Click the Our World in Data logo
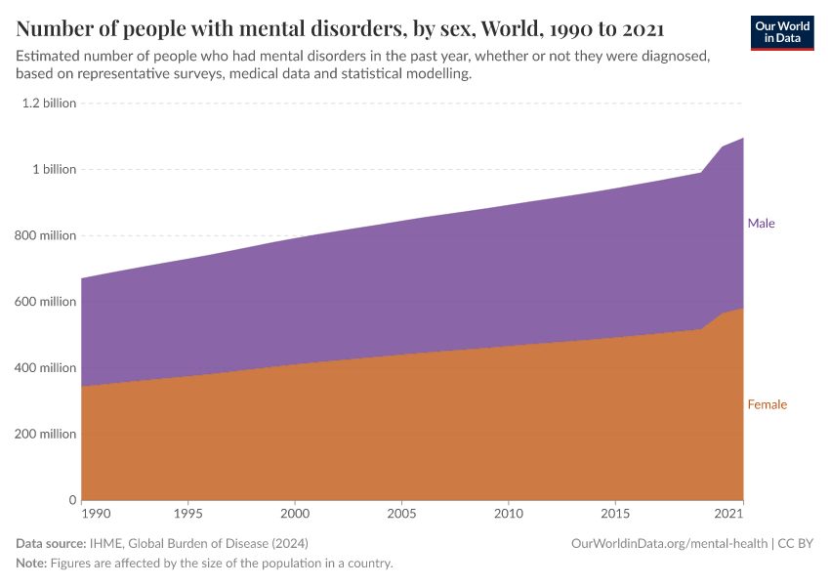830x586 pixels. tap(781, 32)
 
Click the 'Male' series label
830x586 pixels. tap(761, 224)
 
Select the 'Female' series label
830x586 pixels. tap(767, 404)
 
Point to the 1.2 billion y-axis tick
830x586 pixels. tap(49, 103)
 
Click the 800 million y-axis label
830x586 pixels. tap(45, 235)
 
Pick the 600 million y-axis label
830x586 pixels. tap(45, 302)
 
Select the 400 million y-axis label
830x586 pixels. tap(45, 368)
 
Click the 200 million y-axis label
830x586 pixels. tap(45, 435)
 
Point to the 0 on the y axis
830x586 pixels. tap(71, 500)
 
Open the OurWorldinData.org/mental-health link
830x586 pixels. tap(669, 543)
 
